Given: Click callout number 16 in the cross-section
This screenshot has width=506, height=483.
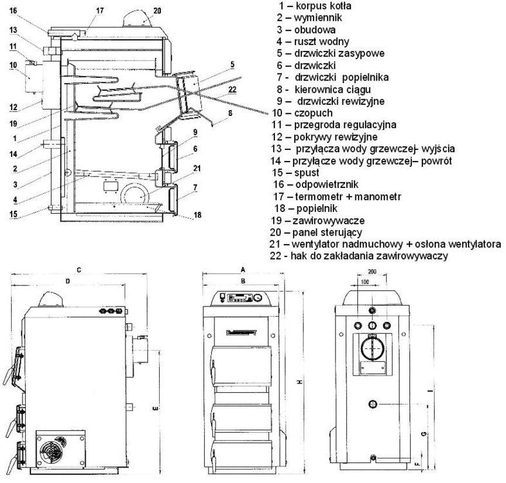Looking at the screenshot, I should coord(14,11).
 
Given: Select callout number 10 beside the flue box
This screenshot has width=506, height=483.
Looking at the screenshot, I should coord(12,65).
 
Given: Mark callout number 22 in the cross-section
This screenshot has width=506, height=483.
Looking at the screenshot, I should coord(232,89).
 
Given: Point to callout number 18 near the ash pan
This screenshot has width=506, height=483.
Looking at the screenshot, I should coord(196,214).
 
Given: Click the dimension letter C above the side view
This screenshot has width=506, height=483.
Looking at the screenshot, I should coord(78,269).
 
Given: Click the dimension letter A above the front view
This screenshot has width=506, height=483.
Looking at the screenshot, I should coord(243,269).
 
